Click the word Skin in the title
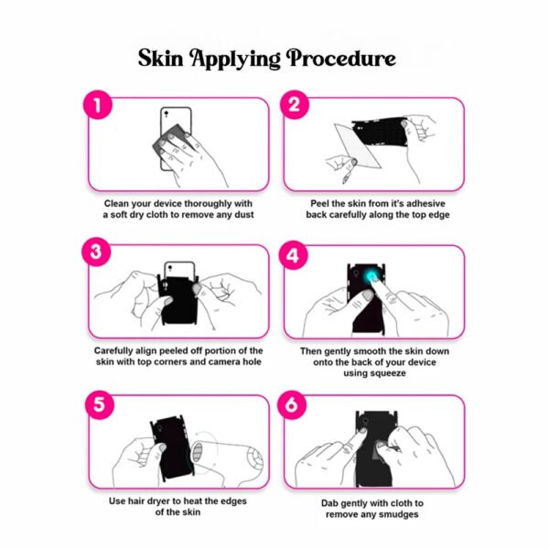pos(161,58)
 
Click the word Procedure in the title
pos(341,58)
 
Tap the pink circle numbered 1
pos(98,104)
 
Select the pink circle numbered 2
pos(295,104)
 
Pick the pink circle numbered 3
pos(96,252)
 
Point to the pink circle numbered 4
pos(293,255)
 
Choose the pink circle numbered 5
pos(100,404)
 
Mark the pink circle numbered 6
pos(292,404)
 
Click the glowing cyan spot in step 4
pos(371,276)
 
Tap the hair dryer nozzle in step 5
pos(198,452)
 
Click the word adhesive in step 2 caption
pos(425,204)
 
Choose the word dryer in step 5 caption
pos(146,501)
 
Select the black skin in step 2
pos(381,132)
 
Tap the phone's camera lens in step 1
pos(167,113)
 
